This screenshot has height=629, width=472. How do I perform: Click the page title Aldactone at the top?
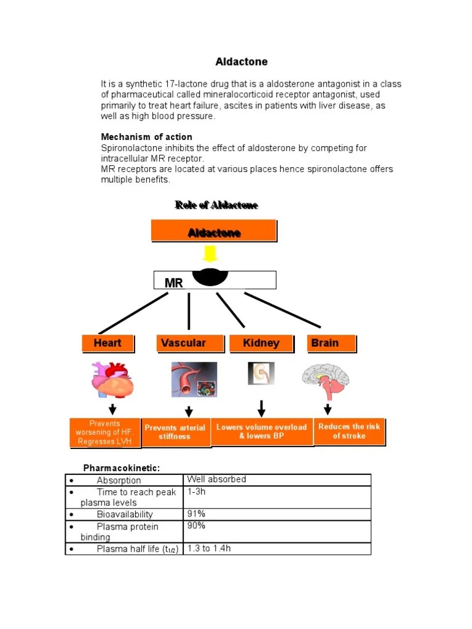tap(242, 62)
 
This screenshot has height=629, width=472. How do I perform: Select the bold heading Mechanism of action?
tap(146, 137)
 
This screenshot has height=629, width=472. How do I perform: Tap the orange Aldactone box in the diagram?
tap(214, 232)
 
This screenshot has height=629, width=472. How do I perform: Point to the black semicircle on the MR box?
tap(210, 277)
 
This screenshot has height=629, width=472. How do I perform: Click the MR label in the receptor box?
tap(173, 283)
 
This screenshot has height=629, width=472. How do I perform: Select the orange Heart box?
tap(108, 343)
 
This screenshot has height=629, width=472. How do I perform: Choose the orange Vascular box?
tap(183, 343)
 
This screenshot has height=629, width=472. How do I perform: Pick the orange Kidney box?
tap(261, 343)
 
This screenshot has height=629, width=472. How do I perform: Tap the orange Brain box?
tap(331, 343)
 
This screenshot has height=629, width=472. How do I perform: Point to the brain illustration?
tap(326, 381)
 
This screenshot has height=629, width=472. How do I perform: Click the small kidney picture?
tap(261, 373)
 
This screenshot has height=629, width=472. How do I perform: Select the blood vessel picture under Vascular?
tap(194, 380)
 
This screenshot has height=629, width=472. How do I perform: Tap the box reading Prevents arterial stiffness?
tap(175, 432)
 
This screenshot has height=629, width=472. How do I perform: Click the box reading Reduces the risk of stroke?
tap(349, 431)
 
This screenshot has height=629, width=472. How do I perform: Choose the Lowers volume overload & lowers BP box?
tap(261, 431)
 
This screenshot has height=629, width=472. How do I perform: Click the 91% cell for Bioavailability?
tap(277, 514)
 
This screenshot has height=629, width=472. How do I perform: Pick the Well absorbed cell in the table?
tap(277, 480)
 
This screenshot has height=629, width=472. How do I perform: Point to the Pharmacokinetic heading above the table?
tap(122, 468)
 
